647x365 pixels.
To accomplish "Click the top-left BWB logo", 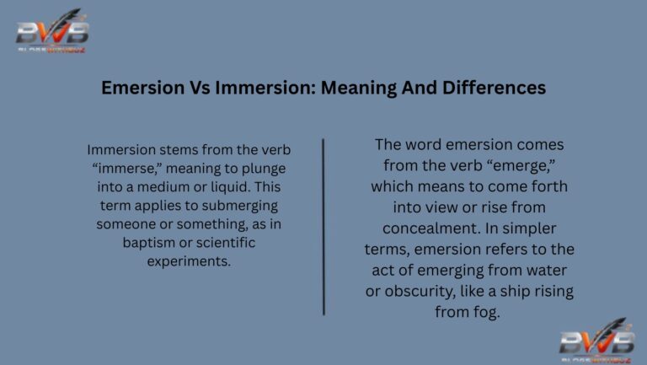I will (53, 32).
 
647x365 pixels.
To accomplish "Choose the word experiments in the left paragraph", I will (188, 261).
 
